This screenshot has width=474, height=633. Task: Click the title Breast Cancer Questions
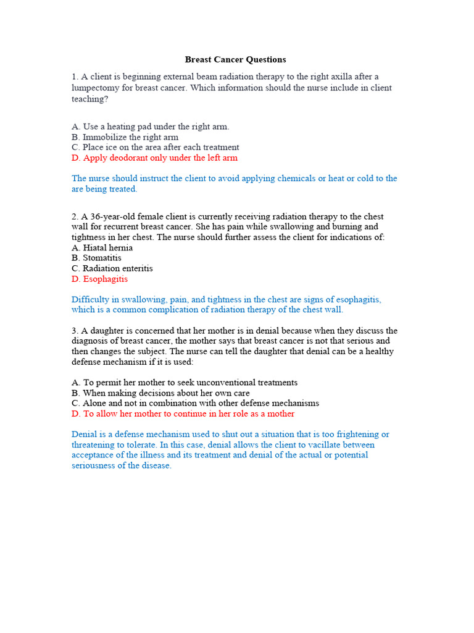point(235,60)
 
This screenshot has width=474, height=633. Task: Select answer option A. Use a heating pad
point(150,127)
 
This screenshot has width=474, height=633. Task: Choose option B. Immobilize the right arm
point(125,137)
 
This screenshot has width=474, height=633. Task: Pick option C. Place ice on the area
point(155,148)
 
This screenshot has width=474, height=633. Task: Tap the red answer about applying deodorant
point(154,158)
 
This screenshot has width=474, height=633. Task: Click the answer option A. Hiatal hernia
point(102,248)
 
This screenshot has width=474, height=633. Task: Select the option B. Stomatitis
point(96,258)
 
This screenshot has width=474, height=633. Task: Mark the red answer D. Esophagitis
point(99,279)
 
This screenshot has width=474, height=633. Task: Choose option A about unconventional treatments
point(184,383)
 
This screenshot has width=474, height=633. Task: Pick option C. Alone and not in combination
point(195,404)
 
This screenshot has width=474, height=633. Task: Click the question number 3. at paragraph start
point(75,331)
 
